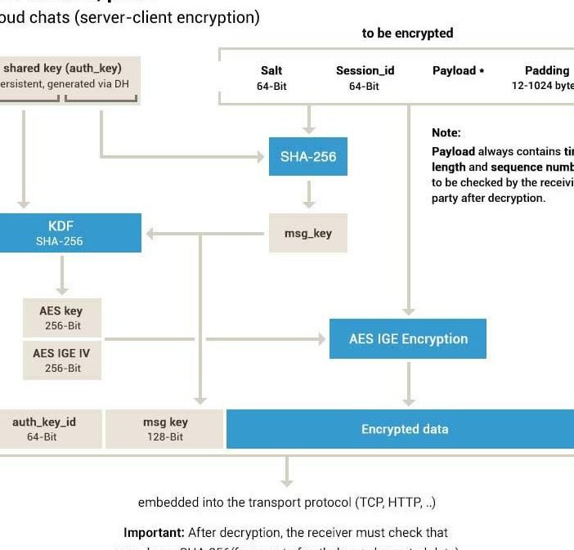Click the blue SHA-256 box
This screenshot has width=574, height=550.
click(x=308, y=156)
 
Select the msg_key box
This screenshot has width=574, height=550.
click(x=308, y=233)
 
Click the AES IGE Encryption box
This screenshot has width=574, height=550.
click(x=408, y=338)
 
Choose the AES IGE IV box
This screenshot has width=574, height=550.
click(x=61, y=360)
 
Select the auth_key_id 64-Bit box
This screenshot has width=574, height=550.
click(x=45, y=429)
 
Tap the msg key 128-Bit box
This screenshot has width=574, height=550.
click(x=165, y=429)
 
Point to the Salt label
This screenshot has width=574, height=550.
click(x=271, y=70)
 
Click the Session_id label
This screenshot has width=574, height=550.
click(x=365, y=70)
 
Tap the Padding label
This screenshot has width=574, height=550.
click(x=547, y=70)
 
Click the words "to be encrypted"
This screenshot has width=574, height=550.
click(x=407, y=34)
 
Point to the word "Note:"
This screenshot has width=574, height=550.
click(x=446, y=132)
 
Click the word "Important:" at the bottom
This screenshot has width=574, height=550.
click(x=154, y=532)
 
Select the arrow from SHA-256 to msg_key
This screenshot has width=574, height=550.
click(x=308, y=195)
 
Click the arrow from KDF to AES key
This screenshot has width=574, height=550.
click(x=61, y=278)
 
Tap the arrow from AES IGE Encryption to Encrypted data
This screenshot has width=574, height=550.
click(x=409, y=383)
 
